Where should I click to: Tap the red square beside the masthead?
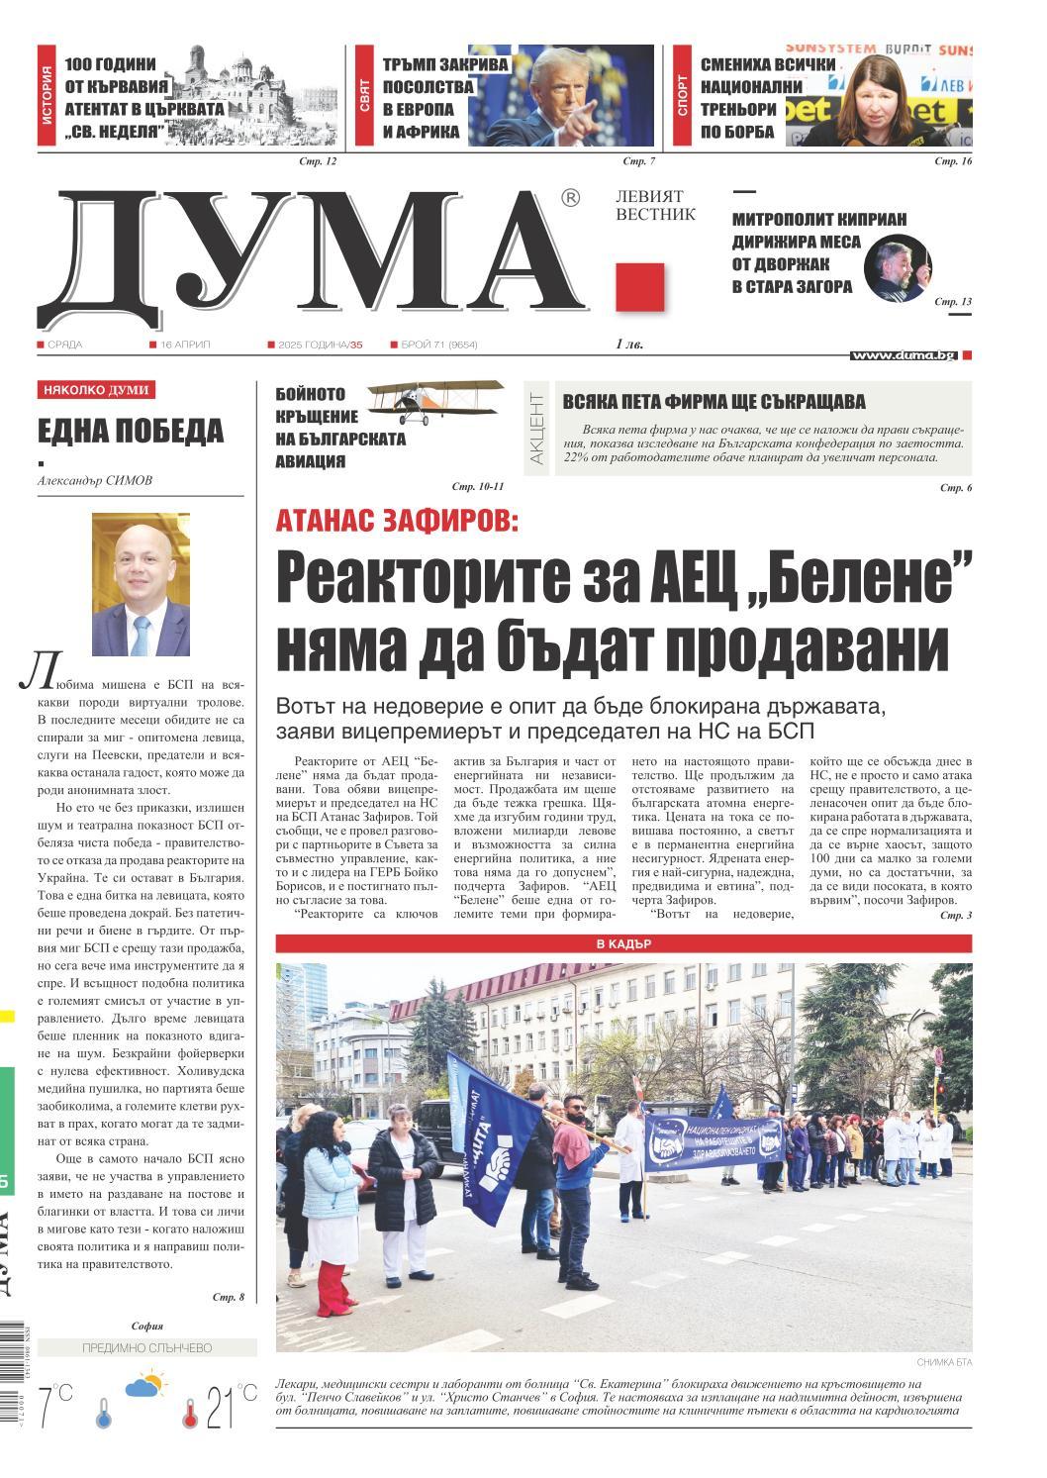pyautogui.click(x=639, y=288)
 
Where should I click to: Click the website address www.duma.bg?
pyautogui.click(x=904, y=354)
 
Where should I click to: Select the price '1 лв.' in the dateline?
pyautogui.click(x=628, y=345)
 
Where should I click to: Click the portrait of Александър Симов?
pyautogui.click(x=141, y=584)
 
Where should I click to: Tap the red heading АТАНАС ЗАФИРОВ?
pyautogui.click(x=396, y=520)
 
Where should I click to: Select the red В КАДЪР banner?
pyautogui.click(x=623, y=943)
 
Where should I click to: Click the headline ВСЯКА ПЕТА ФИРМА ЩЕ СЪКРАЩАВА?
pyautogui.click(x=714, y=402)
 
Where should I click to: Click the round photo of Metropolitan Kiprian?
pyautogui.click(x=898, y=268)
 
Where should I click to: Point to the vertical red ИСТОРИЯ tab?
pyautogui.click(x=48, y=95)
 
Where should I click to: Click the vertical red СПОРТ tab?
pyautogui.click(x=683, y=95)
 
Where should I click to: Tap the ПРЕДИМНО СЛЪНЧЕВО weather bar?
pyautogui.click(x=146, y=1347)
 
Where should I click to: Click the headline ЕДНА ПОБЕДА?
pyautogui.click(x=131, y=431)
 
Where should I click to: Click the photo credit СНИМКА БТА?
pyautogui.click(x=944, y=1362)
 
